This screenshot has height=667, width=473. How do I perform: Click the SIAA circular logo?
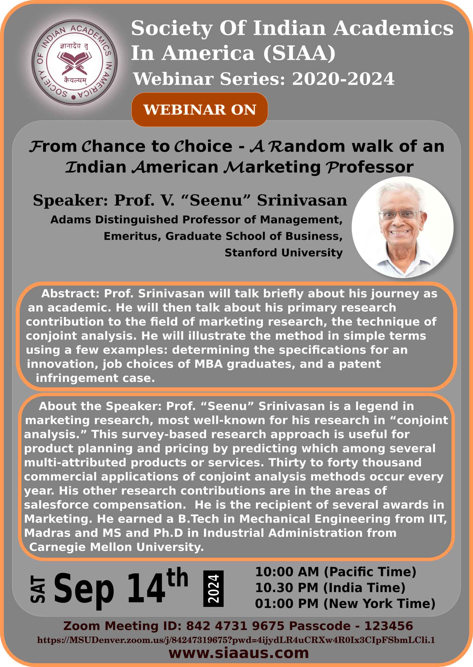[x=75, y=62]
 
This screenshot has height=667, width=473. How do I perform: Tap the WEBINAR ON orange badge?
[x=199, y=110]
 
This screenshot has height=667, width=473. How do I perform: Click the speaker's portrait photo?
[x=402, y=227]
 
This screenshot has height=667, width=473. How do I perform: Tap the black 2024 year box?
[x=213, y=588]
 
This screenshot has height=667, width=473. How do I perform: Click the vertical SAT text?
[x=38, y=589]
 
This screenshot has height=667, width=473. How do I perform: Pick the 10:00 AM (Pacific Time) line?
[x=335, y=572]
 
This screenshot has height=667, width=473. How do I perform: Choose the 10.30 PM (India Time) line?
[x=330, y=588]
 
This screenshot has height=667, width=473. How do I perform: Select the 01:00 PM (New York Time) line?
[x=345, y=604]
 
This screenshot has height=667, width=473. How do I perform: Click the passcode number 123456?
[x=389, y=626]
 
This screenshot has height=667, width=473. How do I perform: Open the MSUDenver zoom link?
[x=236, y=640]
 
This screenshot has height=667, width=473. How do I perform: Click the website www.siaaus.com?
[x=239, y=653]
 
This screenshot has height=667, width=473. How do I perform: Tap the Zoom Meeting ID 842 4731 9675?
[x=235, y=626]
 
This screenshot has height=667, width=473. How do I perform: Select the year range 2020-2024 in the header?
[x=343, y=79]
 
